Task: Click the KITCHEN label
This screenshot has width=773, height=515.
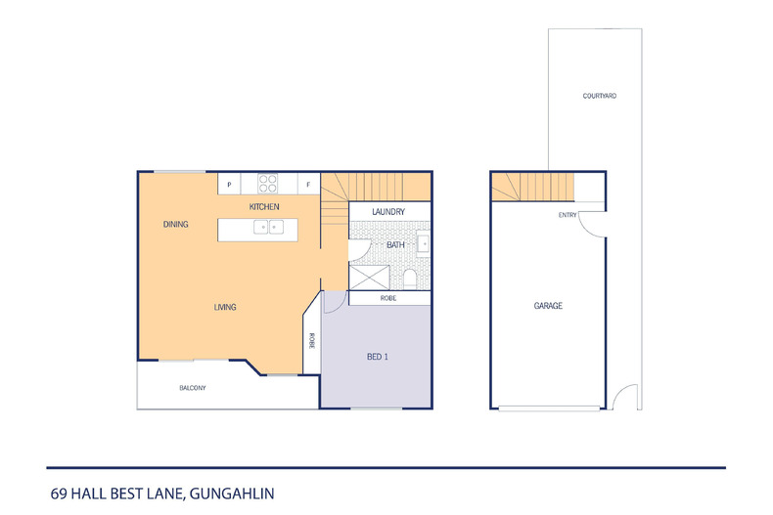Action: coord(264,207)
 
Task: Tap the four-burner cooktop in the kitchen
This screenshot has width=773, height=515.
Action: coord(269,183)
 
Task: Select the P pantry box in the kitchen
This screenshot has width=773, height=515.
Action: coord(229,184)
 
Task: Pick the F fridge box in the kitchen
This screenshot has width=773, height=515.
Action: coord(307,184)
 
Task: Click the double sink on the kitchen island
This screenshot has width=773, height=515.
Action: coord(268,228)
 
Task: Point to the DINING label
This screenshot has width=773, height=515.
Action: coord(175,225)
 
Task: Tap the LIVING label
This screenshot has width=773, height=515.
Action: coord(225,308)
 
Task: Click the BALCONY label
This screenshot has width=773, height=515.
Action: coord(192,388)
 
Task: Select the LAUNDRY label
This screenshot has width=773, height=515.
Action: coord(389,210)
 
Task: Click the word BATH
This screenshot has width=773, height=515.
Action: coord(395,245)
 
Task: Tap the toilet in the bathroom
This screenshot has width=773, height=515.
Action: coord(410,279)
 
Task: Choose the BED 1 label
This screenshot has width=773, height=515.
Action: coord(378,357)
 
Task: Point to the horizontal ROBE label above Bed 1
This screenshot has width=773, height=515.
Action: coord(389,298)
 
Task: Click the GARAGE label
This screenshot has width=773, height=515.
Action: coord(548,306)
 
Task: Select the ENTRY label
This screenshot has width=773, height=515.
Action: coord(568,215)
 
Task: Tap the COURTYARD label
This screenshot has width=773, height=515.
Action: coord(598,96)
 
